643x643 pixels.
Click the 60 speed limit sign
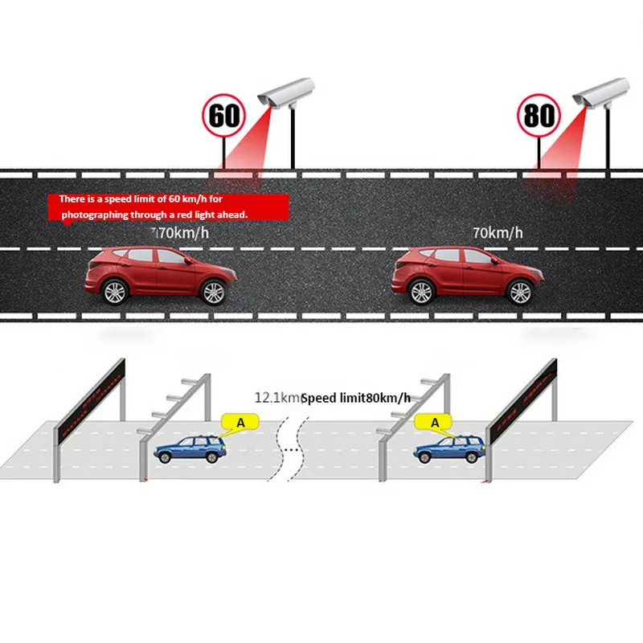click(224, 115)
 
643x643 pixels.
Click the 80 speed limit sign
click(539, 115)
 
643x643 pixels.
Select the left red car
click(160, 275)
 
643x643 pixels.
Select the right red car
click(465, 275)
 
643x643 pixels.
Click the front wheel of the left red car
click(212, 292)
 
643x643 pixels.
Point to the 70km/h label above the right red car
click(498, 233)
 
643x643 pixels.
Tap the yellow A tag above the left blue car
click(239, 421)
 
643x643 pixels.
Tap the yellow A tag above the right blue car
click(435, 421)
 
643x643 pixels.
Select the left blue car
click(190, 449)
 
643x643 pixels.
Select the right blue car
click(449, 449)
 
